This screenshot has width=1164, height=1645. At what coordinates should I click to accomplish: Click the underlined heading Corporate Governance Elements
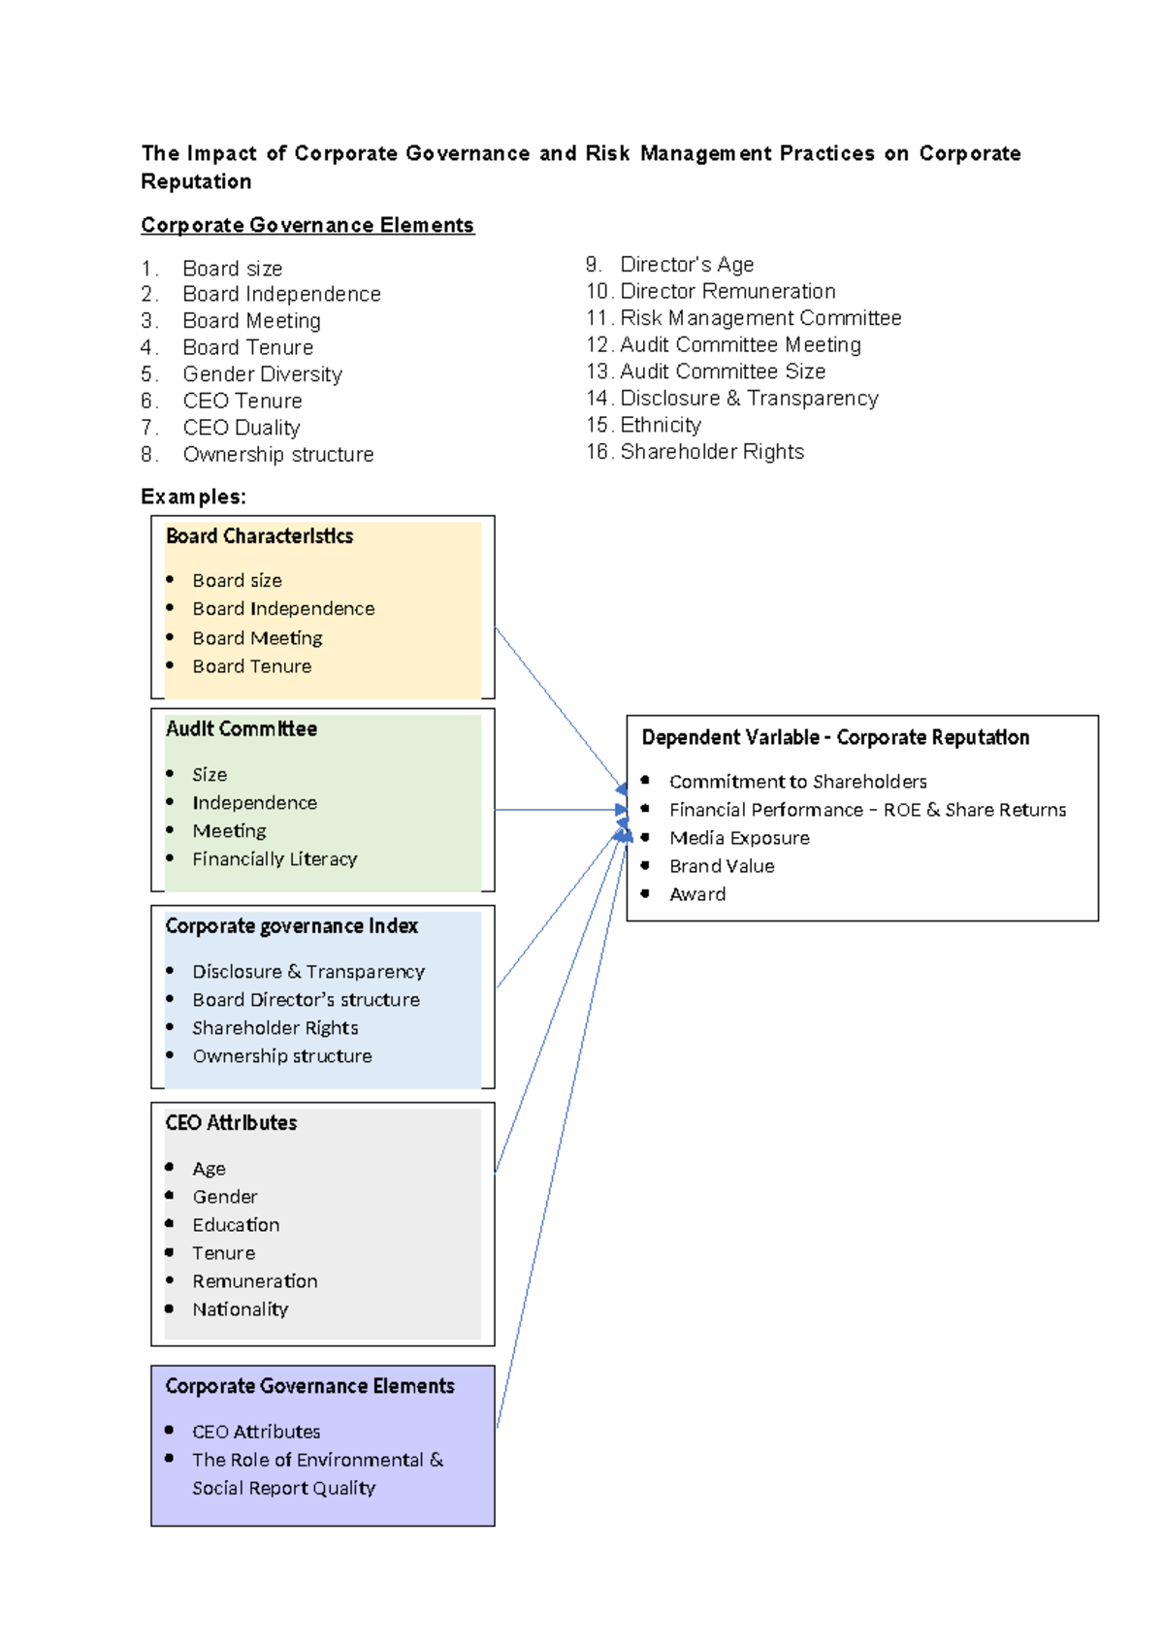tap(307, 225)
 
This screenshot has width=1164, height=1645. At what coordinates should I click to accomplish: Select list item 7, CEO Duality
tap(241, 428)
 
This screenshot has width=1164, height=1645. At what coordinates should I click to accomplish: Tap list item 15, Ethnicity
tap(660, 425)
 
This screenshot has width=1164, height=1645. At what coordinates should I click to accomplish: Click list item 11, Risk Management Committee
tap(760, 318)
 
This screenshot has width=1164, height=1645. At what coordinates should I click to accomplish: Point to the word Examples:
tap(193, 497)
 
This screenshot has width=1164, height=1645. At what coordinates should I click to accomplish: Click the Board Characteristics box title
tap(259, 536)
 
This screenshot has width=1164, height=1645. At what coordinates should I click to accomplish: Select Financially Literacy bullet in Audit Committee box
tap(275, 859)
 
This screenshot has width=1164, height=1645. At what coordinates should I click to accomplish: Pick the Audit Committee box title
tap(241, 729)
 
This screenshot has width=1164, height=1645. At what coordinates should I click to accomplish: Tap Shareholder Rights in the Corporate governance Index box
tap(275, 1028)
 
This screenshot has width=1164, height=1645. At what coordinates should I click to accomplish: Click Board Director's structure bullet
tap(306, 1000)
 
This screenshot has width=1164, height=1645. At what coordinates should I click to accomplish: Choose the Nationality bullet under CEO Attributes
tap(240, 1309)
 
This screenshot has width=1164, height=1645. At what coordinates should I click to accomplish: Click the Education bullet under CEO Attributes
tap(236, 1225)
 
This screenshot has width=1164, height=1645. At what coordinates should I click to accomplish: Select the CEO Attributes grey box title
tap(231, 1123)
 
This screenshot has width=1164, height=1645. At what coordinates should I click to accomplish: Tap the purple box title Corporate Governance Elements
tap(309, 1386)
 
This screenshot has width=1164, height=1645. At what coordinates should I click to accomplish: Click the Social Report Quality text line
tap(283, 1488)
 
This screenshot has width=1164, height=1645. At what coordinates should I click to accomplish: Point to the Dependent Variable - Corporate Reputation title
tap(835, 737)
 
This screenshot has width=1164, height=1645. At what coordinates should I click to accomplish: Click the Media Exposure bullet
tap(739, 838)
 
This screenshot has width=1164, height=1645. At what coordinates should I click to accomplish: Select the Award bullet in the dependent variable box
tap(697, 894)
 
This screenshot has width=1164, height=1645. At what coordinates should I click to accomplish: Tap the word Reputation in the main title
tap(196, 181)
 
